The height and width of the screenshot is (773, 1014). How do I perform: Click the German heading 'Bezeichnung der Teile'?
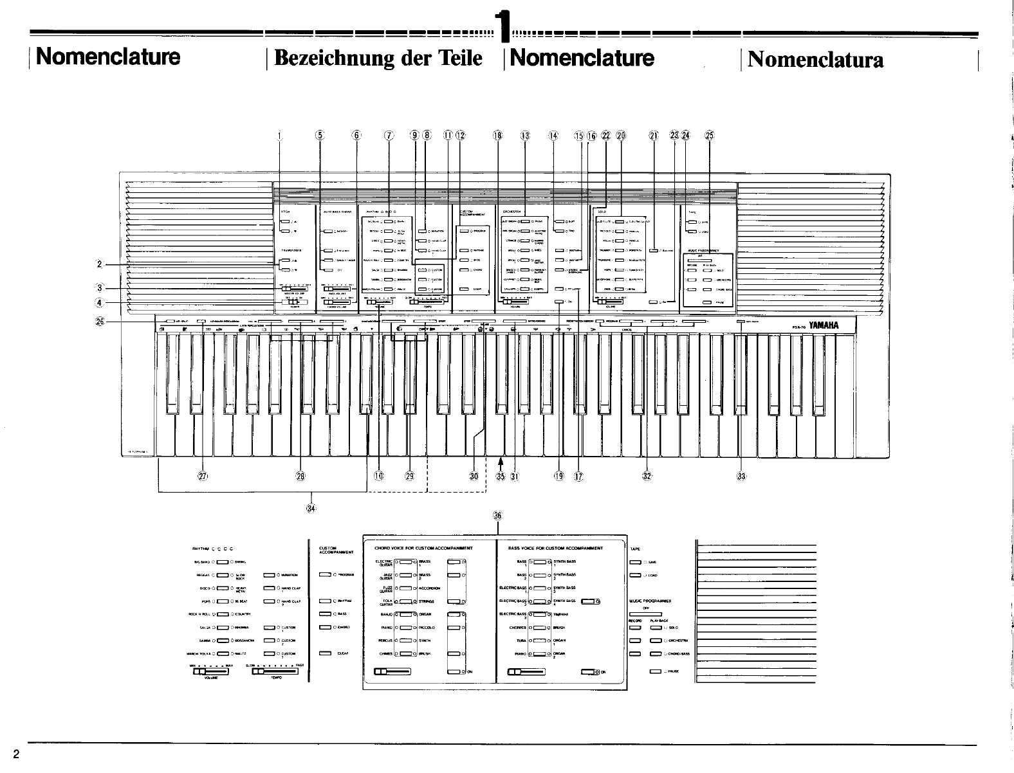pos(378,59)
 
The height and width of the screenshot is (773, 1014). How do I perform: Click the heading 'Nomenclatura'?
pos(815,60)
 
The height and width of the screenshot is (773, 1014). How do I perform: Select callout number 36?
pos(497,516)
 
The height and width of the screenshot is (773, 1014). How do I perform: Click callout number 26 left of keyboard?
pos(100,321)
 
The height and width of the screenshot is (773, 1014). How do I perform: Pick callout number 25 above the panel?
pos(709,136)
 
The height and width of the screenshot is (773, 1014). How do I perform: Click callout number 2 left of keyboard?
pos(99,264)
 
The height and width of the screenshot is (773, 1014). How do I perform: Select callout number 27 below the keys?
pos(203,477)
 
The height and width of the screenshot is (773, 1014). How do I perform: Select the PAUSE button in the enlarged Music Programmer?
pos(655,671)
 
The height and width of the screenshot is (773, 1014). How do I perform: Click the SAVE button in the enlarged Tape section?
pos(635,562)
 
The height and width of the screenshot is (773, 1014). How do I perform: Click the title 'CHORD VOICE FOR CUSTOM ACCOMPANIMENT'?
pos(423,549)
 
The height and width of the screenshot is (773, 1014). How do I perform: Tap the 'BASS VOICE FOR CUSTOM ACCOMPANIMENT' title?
pos(555,549)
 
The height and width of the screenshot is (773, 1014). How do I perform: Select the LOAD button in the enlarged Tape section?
pos(635,576)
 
